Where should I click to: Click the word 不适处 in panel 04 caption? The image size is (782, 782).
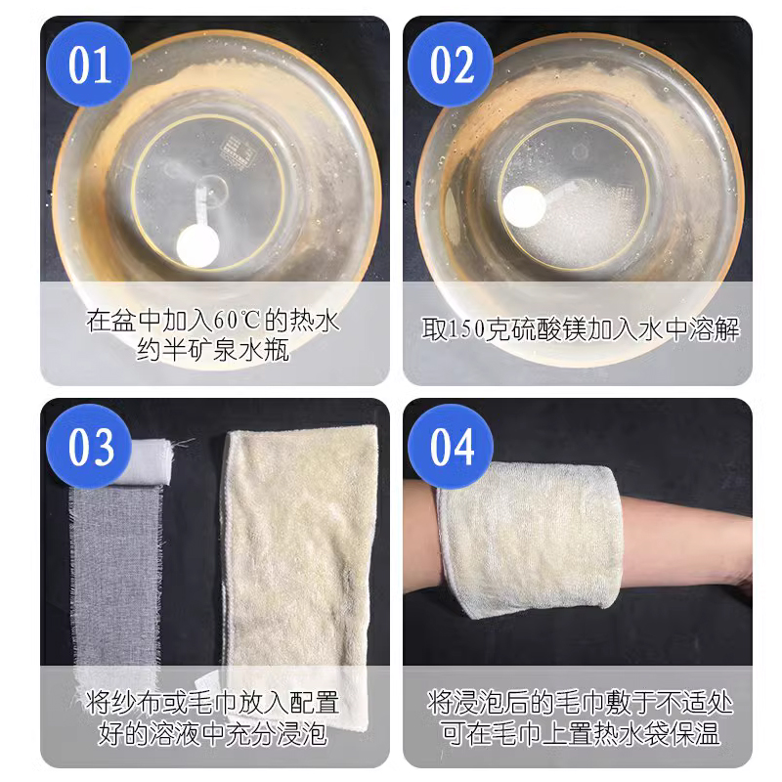point(698,703)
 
